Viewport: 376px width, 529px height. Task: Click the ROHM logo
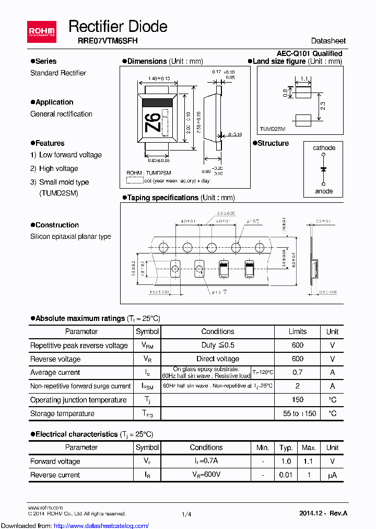41,33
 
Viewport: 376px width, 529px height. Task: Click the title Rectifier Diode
118,27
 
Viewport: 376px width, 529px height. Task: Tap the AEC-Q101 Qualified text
309,53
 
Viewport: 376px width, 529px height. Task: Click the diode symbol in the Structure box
324,169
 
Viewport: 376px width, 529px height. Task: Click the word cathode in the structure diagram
324,148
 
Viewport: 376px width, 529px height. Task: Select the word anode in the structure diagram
324,191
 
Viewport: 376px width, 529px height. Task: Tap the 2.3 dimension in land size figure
323,106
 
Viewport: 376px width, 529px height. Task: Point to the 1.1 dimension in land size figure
303,79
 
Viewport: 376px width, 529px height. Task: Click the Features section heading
50,143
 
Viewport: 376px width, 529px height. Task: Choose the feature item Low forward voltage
70,155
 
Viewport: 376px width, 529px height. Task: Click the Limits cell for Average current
297,373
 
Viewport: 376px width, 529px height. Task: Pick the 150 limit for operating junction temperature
297,400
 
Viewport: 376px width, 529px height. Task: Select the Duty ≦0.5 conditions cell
218,346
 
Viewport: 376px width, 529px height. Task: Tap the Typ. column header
286,447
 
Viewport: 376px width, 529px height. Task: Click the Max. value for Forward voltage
309,462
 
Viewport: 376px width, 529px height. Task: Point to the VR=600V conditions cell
206,475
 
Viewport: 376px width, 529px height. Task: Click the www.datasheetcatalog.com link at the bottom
75,525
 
